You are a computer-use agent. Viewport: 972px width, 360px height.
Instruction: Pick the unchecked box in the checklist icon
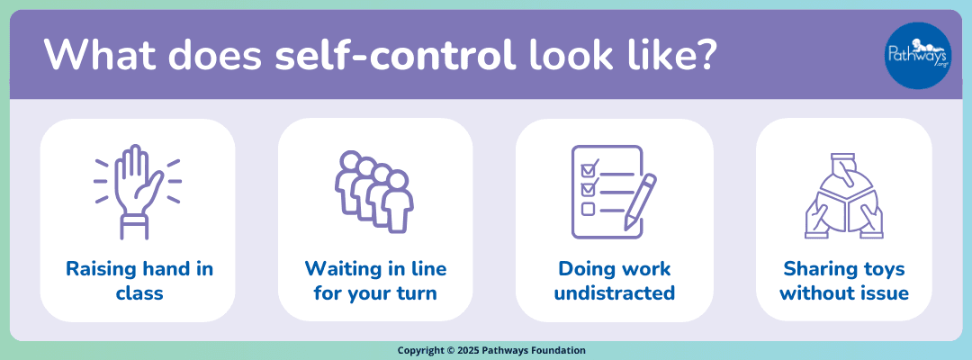click(x=589, y=209)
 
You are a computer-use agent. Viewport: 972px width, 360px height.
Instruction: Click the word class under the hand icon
click(x=138, y=292)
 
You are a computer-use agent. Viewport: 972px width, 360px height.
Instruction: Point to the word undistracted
click(x=614, y=292)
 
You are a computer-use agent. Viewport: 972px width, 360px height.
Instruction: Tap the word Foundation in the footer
click(x=559, y=351)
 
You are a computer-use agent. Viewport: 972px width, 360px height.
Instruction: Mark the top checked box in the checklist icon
click(x=589, y=168)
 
